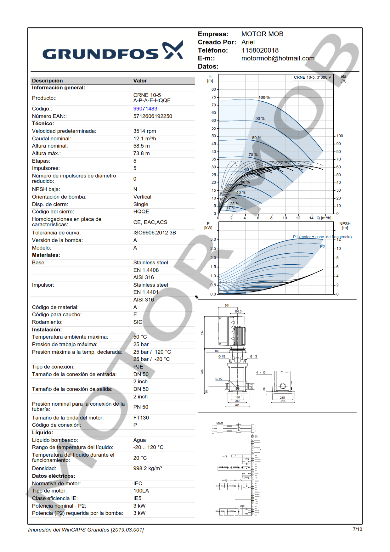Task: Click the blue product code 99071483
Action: click(x=145, y=109)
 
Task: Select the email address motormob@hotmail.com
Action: click(x=278, y=58)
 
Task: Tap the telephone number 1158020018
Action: click(x=260, y=50)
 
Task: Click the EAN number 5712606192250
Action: click(x=153, y=116)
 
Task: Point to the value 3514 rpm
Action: click(x=144, y=131)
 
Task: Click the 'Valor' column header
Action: click(x=140, y=81)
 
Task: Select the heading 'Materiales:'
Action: click(x=46, y=255)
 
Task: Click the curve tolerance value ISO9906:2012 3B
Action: click(x=155, y=233)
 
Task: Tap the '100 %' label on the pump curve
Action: click(x=264, y=98)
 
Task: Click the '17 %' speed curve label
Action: click(x=231, y=208)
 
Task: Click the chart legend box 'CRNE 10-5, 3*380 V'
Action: click(x=312, y=77)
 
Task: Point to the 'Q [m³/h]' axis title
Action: click(x=324, y=218)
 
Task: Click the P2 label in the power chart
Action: click(x=322, y=246)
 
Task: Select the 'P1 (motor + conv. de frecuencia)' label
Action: click(x=322, y=237)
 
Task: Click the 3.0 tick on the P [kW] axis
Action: click(x=213, y=239)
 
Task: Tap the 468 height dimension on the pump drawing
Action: click(x=202, y=372)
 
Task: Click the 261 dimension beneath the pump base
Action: click(x=237, y=405)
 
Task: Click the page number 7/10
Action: click(x=357, y=529)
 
